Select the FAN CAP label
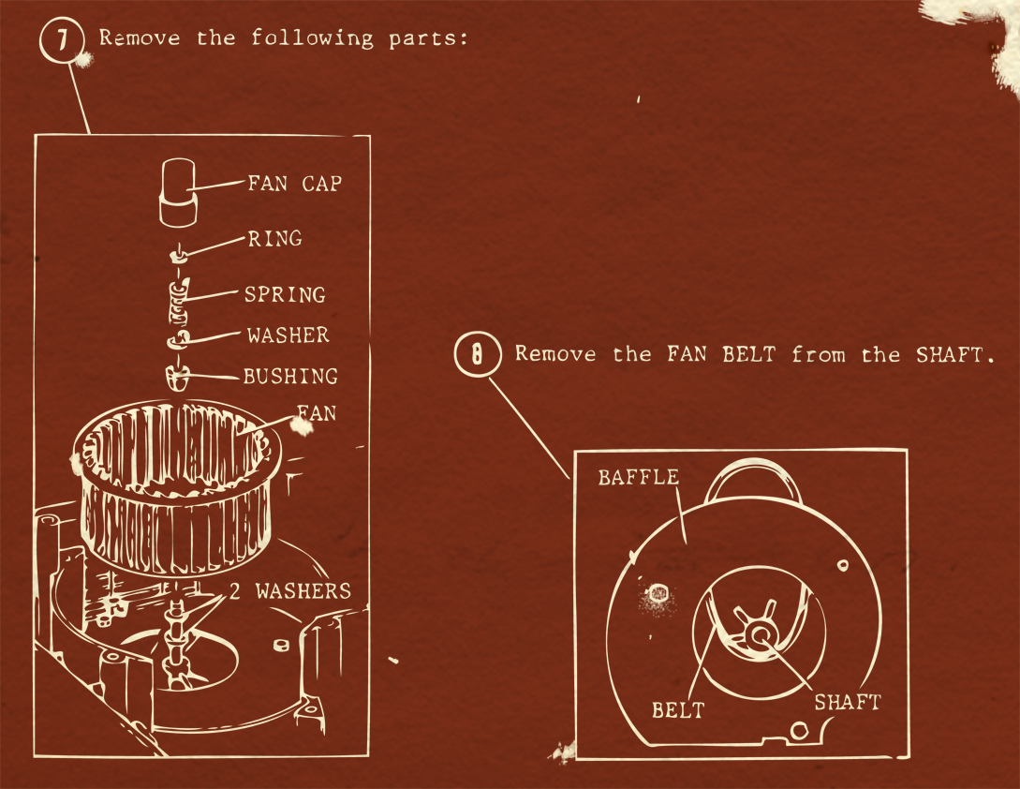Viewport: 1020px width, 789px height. (x=294, y=183)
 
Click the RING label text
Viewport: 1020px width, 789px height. (x=274, y=239)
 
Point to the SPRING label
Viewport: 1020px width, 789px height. (x=285, y=294)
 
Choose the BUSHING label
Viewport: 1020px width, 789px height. (x=290, y=377)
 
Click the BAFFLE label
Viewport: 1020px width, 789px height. (x=638, y=477)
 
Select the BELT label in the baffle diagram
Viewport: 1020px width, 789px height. (x=677, y=709)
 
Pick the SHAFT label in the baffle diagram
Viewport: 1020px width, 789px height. (x=847, y=702)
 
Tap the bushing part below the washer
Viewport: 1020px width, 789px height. (x=178, y=378)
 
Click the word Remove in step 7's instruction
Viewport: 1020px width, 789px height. (x=140, y=38)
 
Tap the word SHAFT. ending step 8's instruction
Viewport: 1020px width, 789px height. (x=948, y=354)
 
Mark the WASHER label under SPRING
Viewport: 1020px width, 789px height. (x=288, y=335)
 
